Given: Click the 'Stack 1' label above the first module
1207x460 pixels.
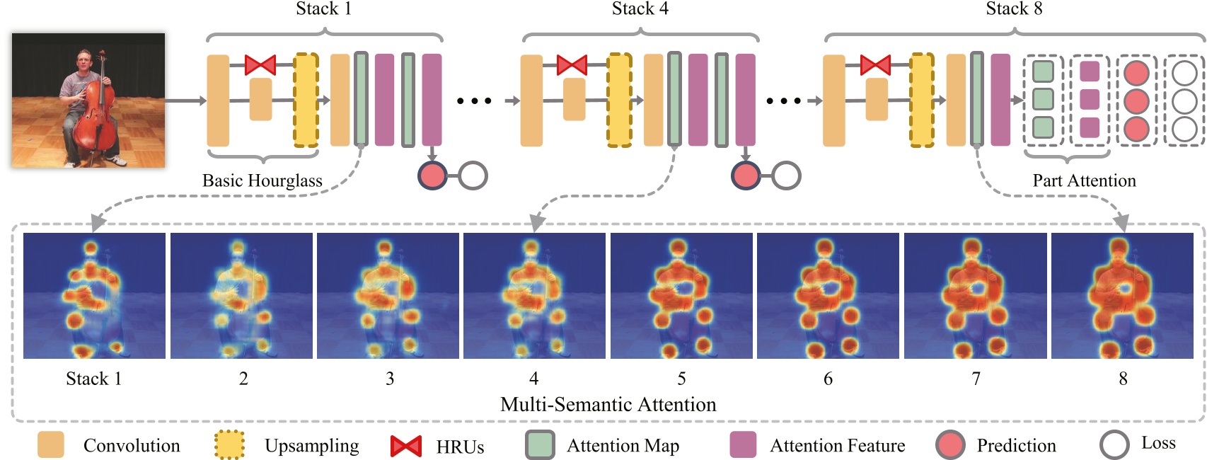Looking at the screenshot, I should (x=323, y=9).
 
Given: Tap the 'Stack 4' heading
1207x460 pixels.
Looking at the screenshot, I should (x=640, y=9).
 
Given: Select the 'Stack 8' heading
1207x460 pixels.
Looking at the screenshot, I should (x=1014, y=9).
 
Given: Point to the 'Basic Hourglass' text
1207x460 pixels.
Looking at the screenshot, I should (x=262, y=181).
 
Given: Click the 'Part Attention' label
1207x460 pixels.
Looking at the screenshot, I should (x=1084, y=181).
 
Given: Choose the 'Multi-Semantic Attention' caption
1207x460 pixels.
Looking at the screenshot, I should (x=608, y=405).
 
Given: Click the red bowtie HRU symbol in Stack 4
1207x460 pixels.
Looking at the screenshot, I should (x=572, y=65).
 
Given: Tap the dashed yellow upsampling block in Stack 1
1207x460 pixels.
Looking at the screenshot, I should (x=306, y=100).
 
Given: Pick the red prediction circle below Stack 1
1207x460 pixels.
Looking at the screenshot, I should (x=432, y=176).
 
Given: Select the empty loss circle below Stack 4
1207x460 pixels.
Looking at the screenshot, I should (x=786, y=176).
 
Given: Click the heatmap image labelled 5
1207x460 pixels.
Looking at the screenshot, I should (x=681, y=296).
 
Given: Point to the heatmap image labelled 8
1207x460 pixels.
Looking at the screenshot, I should (x=1122, y=296).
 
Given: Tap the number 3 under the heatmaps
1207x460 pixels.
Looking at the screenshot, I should (x=390, y=379).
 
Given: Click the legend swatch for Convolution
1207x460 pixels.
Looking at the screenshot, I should (x=51, y=444).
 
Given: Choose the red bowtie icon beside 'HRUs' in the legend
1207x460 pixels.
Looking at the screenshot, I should (x=406, y=446).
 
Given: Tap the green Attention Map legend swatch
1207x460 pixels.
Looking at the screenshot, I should (x=540, y=445).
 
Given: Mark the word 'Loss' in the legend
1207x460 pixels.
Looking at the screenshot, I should (x=1158, y=443).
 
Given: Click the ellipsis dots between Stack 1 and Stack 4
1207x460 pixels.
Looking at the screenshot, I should (x=474, y=100).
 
